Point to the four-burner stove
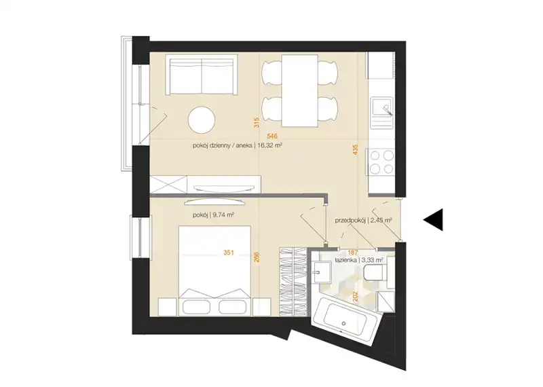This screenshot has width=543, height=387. (382, 162)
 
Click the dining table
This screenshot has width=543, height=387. (299, 91)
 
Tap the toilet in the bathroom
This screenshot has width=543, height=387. (379, 272)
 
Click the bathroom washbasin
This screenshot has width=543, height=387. (321, 272)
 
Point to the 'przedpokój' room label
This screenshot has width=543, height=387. (350, 221)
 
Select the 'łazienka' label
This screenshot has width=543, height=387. (346, 259)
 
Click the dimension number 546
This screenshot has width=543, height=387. (273, 136)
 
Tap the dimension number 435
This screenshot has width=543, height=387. (354, 149)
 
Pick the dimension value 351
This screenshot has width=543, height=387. (229, 253)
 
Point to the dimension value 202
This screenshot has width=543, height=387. (354, 297)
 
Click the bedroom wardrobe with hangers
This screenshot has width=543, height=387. (293, 282)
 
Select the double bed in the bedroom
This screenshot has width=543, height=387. (214, 271)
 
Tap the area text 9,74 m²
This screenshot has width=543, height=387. (224, 215)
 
